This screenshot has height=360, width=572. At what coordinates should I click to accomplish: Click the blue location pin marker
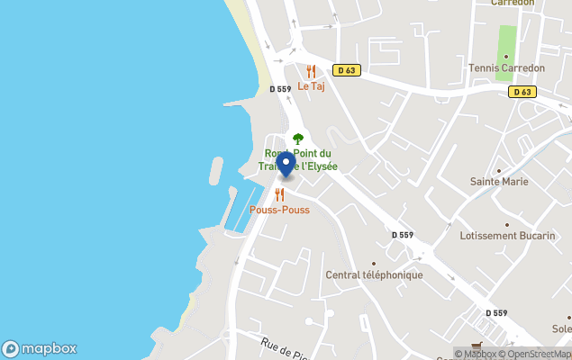pos(286,165)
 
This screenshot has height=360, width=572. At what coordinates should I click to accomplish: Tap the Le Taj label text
pos(311,86)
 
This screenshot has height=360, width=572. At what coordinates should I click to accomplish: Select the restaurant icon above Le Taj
pos(311,71)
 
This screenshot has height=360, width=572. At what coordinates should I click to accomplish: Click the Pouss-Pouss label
pos(279,210)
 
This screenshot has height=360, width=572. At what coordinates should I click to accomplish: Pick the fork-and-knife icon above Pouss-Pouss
pos(279,194)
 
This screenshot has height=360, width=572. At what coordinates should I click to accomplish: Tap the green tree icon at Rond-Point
pos(298,139)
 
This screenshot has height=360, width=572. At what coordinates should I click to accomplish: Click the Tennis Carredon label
pos(507,68)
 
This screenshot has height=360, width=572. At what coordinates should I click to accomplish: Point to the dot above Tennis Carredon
pos(506,56)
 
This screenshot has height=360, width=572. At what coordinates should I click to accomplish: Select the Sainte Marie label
pos(499,182)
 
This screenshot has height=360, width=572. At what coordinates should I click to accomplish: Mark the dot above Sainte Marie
pos(499,169)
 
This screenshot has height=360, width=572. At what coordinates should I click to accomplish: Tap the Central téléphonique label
pos(374,274)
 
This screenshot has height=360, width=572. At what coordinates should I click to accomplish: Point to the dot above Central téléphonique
pos(374,263)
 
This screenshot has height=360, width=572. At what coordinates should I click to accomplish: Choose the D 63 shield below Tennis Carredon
pos(521,92)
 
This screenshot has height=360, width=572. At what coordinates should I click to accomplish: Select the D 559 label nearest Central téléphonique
pos(402,235)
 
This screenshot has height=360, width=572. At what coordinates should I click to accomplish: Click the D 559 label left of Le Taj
pos(280,89)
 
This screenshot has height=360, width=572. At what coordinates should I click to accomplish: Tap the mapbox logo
pos(39,348)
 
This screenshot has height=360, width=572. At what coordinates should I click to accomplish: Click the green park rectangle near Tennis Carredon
pos(507,40)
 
